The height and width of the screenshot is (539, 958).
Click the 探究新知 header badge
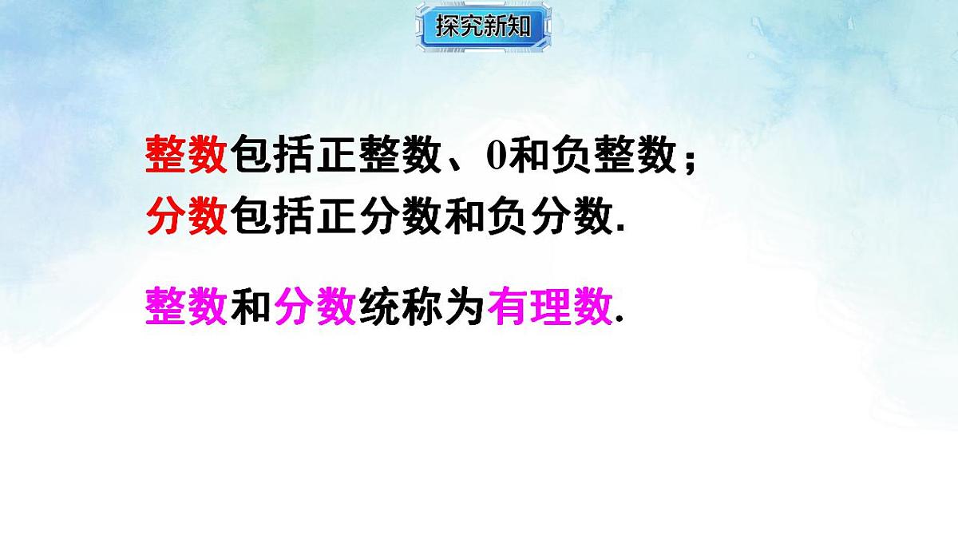(x=484, y=26)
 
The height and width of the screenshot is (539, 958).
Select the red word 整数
(x=187, y=154)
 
